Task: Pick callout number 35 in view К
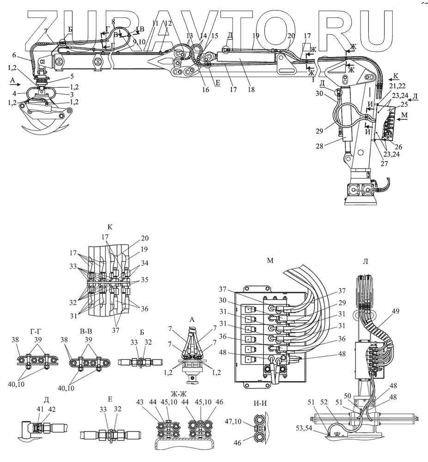pyautogui.click(x=145, y=280)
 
